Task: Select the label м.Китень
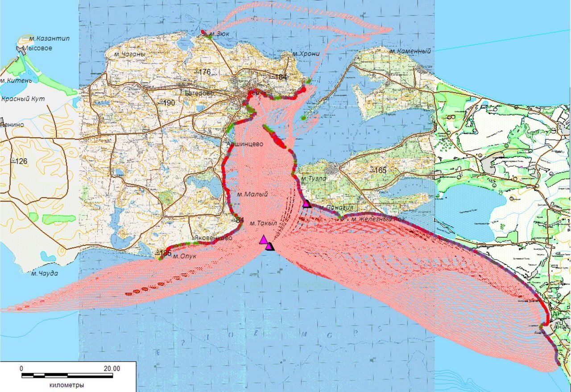click(16, 80)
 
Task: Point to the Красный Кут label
click(23, 99)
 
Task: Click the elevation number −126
click(19, 161)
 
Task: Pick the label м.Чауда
click(44, 273)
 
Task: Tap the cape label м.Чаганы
click(129, 54)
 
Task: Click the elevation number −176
click(202, 72)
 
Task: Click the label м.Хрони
click(306, 54)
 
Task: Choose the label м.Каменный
click(410, 51)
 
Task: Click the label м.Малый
click(252, 194)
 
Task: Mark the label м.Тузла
click(314, 178)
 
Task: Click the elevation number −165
click(378, 170)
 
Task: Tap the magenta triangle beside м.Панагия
click(306, 204)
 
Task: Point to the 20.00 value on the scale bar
click(111, 368)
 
